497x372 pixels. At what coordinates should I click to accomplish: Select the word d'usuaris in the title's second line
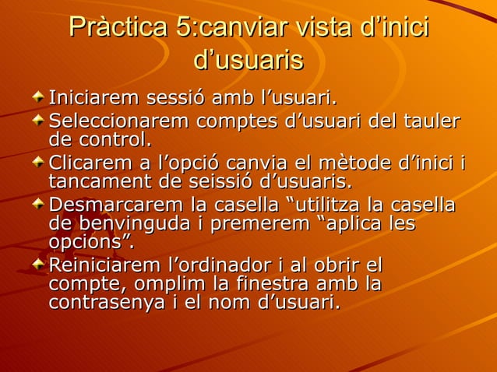(248, 60)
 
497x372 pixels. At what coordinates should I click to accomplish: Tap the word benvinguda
(138, 224)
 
